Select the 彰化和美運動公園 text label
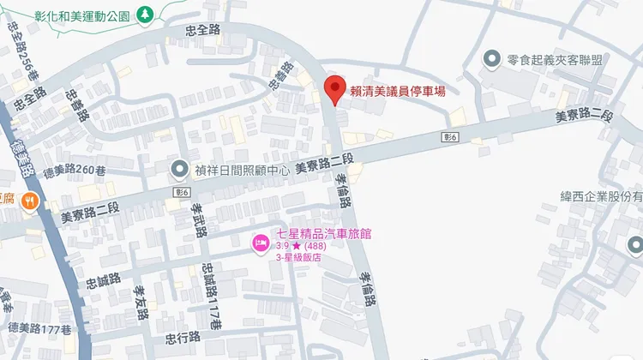coord(82,15)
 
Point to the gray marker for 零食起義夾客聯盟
coord(492,59)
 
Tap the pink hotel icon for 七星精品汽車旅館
coord(259,243)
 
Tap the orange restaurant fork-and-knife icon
coord(29,201)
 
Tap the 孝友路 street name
coord(140,300)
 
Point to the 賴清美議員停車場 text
coord(396,88)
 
